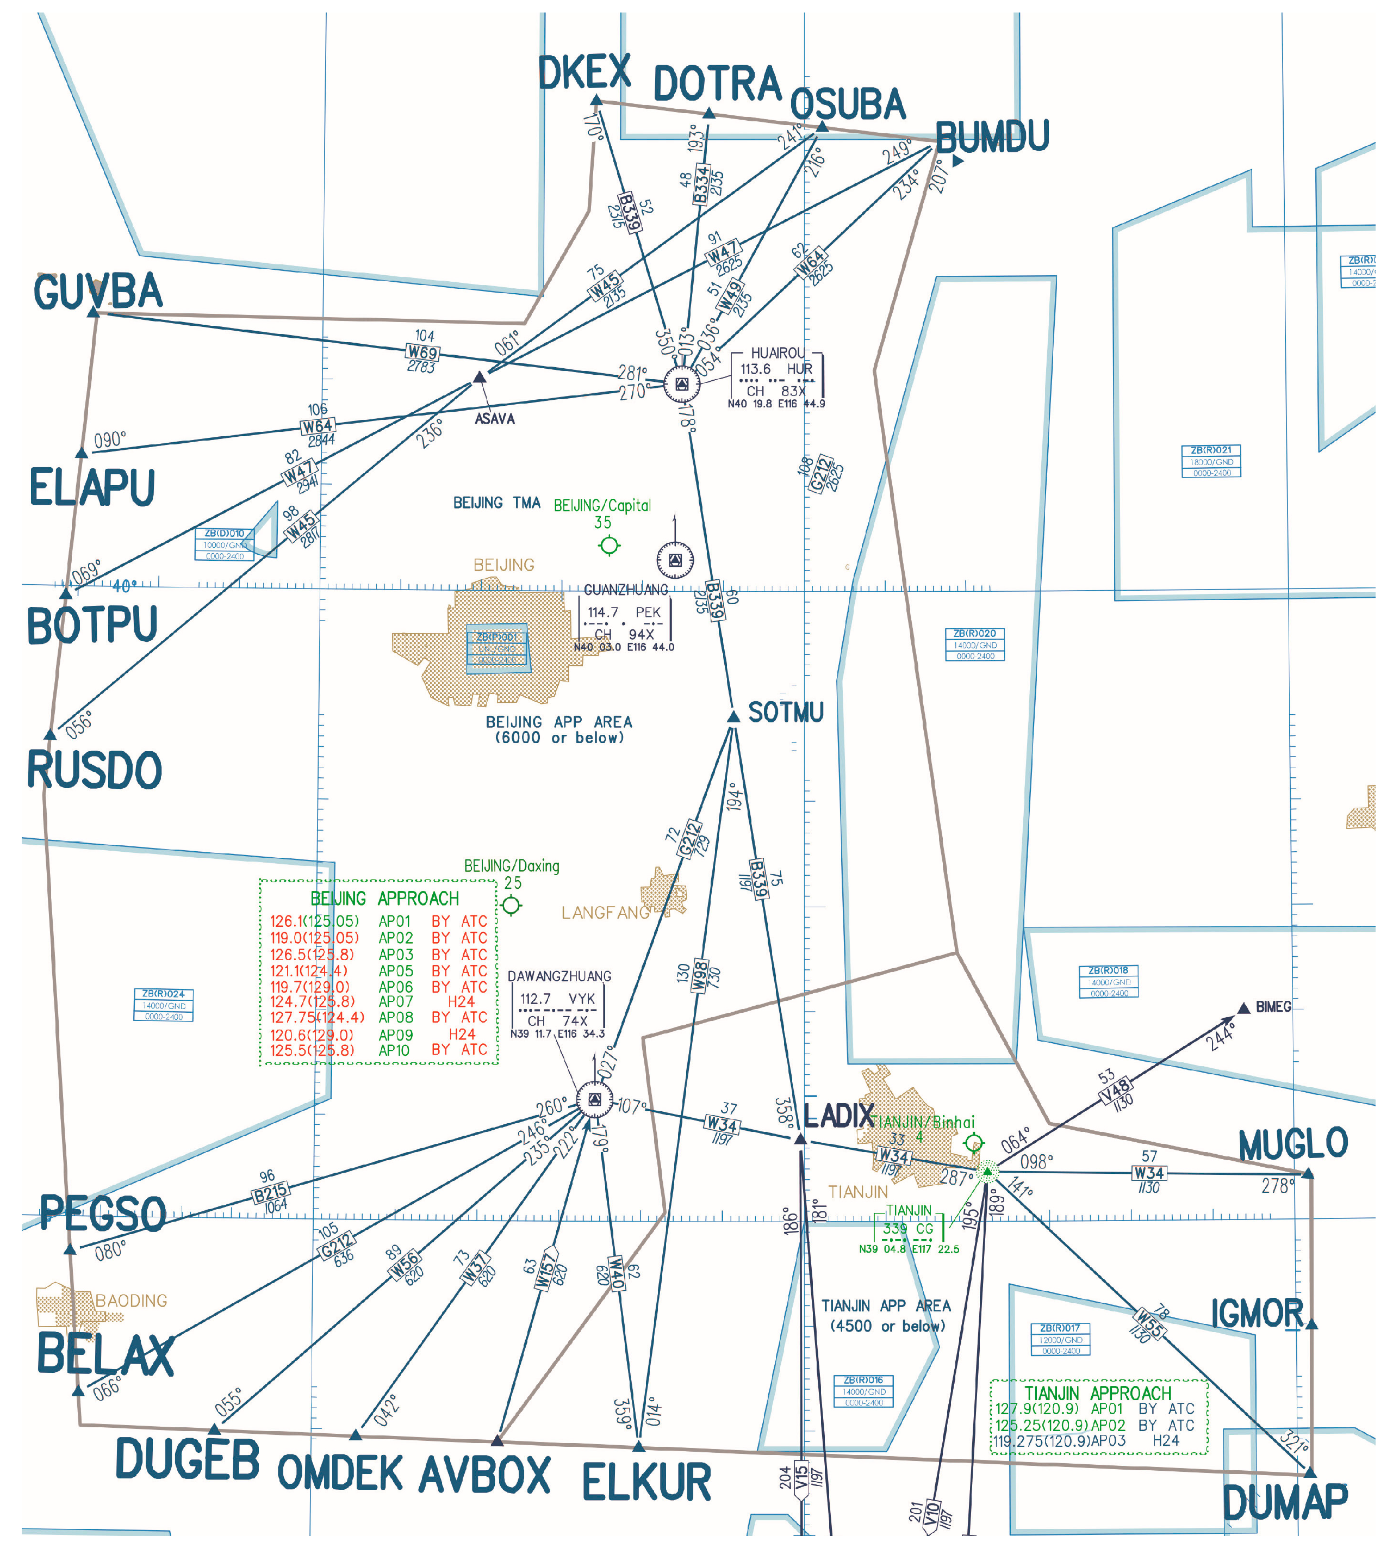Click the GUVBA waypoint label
[98, 292]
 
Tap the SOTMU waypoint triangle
[733, 716]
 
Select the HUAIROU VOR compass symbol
[681, 383]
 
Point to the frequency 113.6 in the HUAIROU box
[755, 369]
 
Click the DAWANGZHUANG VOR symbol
[594, 1101]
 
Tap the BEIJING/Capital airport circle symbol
[610, 545]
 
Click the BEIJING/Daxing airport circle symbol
[511, 906]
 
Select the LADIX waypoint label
[839, 1116]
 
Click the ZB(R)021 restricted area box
[1211, 461]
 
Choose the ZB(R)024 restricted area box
[163, 1005]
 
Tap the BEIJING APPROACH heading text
[385, 898]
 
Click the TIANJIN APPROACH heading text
[1098, 1392]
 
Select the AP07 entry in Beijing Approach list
[396, 1001]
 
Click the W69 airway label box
[422, 352]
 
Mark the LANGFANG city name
[605, 913]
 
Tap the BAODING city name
[131, 1301]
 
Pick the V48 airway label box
[1115, 1091]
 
